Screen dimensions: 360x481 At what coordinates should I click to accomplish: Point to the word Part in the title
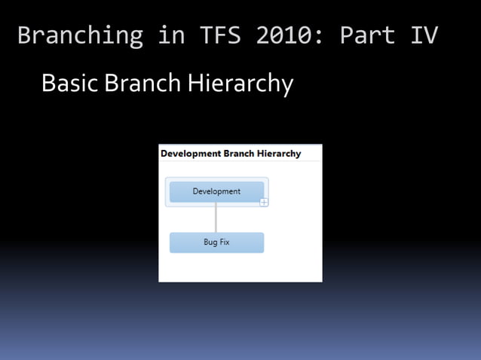pos(367,35)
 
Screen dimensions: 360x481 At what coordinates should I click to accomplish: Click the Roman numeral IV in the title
pos(424,35)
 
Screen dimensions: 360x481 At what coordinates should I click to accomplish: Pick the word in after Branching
pos(169,35)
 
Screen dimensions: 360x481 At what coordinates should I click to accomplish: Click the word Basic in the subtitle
pos(70,83)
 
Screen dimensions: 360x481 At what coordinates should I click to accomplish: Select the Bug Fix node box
pos(216,243)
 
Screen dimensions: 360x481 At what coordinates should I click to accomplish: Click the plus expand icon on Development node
pos(264,202)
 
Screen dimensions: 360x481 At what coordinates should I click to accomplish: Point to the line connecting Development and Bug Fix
pos(216,218)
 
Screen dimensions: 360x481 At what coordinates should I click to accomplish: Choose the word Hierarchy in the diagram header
pos(279,154)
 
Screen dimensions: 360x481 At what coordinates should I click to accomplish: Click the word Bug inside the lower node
pos(210,243)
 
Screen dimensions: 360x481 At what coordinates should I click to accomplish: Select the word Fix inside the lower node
pos(224,243)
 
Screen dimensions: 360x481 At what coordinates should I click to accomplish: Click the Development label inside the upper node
pos(216,191)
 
